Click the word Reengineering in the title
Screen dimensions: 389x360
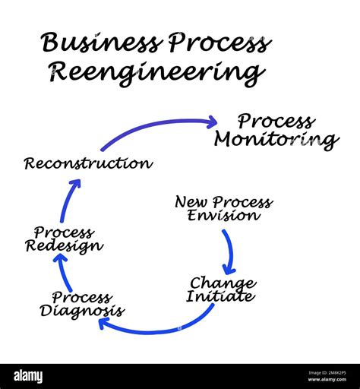[x=156, y=73]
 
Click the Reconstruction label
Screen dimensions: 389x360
[x=87, y=163]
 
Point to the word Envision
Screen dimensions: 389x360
[x=224, y=216]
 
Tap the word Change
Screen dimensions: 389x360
[x=222, y=283]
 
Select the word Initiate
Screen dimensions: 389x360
[x=220, y=297]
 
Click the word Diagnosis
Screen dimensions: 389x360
[x=82, y=311]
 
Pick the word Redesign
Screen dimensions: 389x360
[x=64, y=246]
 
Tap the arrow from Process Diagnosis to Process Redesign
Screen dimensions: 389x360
[x=67, y=274]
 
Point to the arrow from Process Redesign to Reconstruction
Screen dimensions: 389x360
[x=69, y=201]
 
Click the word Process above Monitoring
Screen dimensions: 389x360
[x=276, y=122]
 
